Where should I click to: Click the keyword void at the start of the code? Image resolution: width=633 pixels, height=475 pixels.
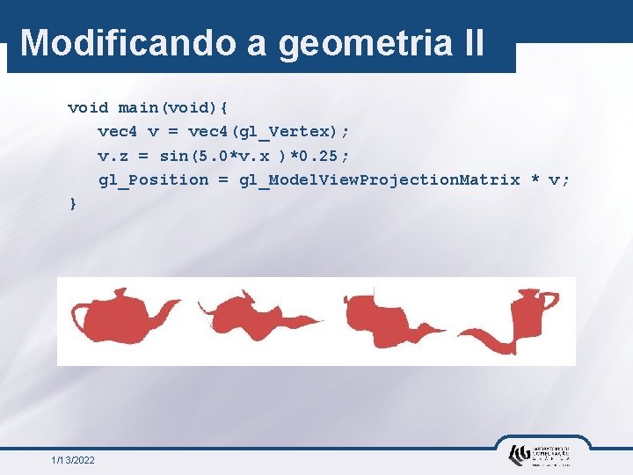[88, 108]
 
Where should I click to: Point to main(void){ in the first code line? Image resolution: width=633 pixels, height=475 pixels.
[173, 108]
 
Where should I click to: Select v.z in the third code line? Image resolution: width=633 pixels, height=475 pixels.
[112, 156]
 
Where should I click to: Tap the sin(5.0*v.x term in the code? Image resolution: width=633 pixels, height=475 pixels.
[220, 156]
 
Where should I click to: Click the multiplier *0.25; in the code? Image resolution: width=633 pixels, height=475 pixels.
[319, 156]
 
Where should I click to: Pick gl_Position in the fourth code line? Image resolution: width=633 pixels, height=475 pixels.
[153, 179]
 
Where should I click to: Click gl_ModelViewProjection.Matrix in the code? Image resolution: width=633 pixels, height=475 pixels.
[379, 179]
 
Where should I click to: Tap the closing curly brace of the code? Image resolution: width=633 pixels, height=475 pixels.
[73, 203]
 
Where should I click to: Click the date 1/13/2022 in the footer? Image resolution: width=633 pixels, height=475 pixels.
[74, 460]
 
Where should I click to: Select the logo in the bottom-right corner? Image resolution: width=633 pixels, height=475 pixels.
[539, 454]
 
